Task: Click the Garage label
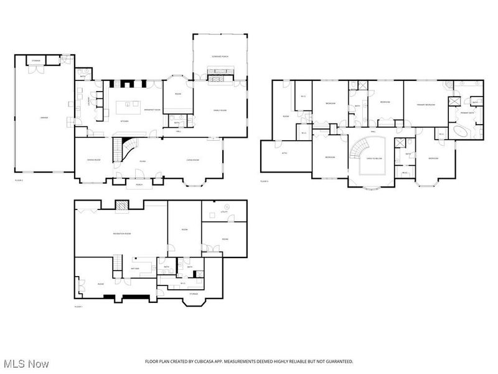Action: coord(44,117)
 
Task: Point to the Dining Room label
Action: coord(93,160)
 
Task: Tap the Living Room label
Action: coord(192,160)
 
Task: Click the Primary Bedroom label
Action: coord(425,104)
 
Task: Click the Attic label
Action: coord(284,153)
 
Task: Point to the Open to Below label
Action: coord(374,158)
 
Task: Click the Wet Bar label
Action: coord(134,269)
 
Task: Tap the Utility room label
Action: coord(225,213)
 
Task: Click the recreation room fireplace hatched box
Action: coord(123,206)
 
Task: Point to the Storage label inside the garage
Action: coord(37,61)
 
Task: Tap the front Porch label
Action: coord(138,185)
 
